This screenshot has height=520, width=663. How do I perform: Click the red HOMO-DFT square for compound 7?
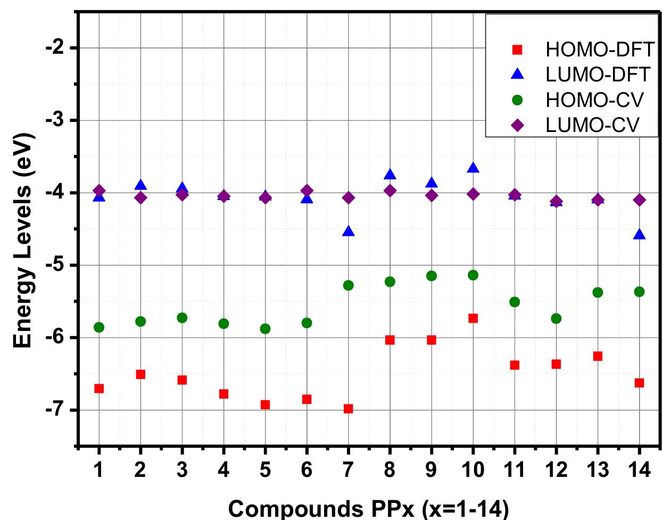pos(349,409)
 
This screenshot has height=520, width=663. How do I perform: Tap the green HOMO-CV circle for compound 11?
pos(515,302)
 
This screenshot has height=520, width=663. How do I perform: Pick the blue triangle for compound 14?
pos(640,235)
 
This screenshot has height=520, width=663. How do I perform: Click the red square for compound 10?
pos(473,318)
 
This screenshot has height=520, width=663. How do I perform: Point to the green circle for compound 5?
pos(265,329)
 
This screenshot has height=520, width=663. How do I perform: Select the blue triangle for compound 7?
pos(349,232)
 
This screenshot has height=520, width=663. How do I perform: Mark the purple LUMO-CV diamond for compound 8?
pos(390,191)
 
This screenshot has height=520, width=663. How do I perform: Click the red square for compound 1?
pos(99,389)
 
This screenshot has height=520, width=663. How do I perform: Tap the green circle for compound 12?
pos(557,318)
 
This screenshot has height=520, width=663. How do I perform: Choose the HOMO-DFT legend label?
pos(599,49)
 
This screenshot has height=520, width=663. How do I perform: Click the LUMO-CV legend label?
pos(592,125)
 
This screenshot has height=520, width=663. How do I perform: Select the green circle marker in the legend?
pos(517,100)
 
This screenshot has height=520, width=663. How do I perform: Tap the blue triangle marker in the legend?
pos(517,75)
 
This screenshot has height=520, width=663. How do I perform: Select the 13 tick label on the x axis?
pos(598,469)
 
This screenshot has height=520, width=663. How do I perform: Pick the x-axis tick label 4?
pos(223,469)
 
